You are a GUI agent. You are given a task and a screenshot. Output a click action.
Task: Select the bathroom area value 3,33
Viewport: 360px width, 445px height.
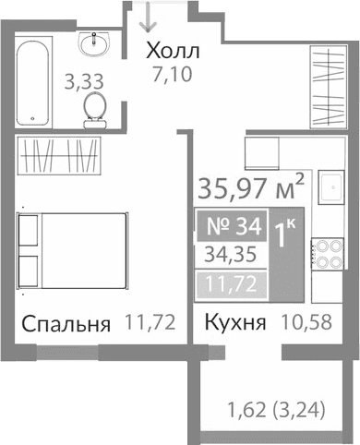click(x=81, y=81)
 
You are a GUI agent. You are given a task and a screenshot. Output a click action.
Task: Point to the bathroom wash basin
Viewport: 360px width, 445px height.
click(x=93, y=42)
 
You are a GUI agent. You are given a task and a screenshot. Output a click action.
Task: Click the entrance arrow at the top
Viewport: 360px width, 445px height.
click(x=145, y=18)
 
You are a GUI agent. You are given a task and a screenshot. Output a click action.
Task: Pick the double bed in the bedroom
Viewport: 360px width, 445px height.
click(x=74, y=251)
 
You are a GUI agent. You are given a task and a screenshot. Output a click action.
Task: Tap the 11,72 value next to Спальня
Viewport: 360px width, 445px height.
click(x=150, y=324)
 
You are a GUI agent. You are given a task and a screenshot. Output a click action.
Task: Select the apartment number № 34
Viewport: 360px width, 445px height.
click(x=232, y=224)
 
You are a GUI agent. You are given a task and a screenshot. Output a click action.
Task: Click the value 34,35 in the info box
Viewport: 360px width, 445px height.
click(x=232, y=253)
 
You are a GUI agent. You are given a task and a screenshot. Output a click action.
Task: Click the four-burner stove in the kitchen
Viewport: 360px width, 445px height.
click(x=329, y=254)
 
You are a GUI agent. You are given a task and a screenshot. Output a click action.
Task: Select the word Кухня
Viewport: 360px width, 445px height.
click(x=235, y=324)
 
